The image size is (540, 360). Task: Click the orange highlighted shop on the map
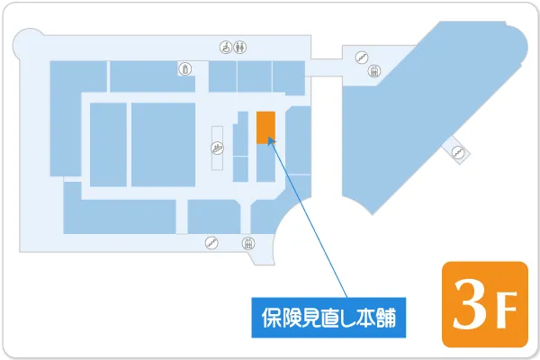coord(265,127)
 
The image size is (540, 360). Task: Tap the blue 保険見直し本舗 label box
coord(328,318)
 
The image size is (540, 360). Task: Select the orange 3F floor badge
coord(484,304)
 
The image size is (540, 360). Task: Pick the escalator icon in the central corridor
coord(217,150)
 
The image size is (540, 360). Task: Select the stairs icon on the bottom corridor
coord(211,242)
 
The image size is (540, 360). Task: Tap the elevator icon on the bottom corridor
coord(248,242)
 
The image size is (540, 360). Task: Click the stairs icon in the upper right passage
coord(361,56)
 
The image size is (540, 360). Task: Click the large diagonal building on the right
coord(423,108)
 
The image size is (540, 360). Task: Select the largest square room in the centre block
coord(163,144)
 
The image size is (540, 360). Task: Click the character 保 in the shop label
coord(268,318)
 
